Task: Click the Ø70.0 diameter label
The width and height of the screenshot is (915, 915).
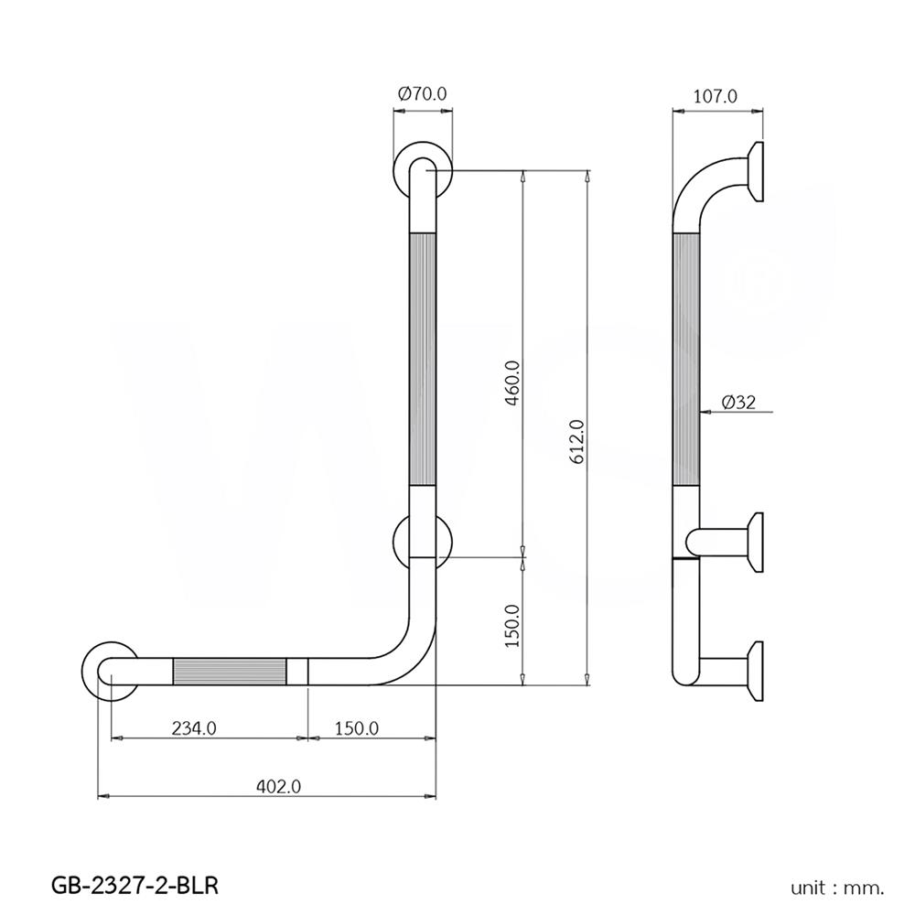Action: (x=423, y=94)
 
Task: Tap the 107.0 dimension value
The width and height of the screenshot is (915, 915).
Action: (x=717, y=94)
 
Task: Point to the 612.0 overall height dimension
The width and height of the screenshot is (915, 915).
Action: (x=576, y=444)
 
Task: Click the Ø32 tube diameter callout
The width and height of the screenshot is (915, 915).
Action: (x=737, y=402)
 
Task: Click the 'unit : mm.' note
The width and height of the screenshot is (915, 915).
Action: (x=838, y=886)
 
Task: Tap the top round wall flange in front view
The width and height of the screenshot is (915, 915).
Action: (x=423, y=171)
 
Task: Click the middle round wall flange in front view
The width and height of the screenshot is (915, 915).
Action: (x=423, y=542)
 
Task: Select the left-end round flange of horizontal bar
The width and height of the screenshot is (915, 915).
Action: (x=111, y=672)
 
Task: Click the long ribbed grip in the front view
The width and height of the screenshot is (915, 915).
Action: (x=423, y=360)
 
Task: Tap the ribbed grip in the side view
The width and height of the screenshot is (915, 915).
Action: (x=687, y=360)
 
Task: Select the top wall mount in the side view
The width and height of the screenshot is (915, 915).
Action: (x=755, y=171)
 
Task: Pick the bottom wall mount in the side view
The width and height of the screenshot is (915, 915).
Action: (x=755, y=670)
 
